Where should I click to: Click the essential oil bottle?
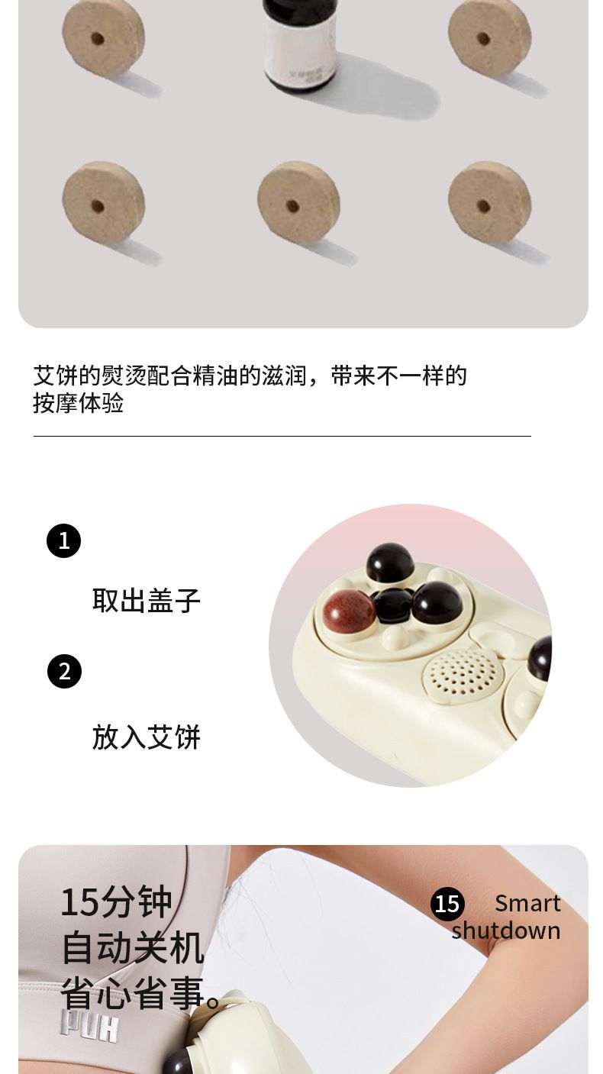pos(300,44)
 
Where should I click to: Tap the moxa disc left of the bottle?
pos(104,37)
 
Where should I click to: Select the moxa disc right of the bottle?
pos(489,37)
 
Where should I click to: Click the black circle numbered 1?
pos(64,541)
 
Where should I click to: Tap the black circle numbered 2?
pos(64,671)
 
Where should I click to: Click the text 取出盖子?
pos(146,600)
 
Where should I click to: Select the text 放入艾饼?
pos(146,737)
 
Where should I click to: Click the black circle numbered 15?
pos(447,905)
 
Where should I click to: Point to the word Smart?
pos(527,904)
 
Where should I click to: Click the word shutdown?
pos(506,931)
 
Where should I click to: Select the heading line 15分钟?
pos(117,902)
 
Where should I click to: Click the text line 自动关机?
pos(134,947)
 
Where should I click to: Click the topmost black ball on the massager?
pos(390,563)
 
